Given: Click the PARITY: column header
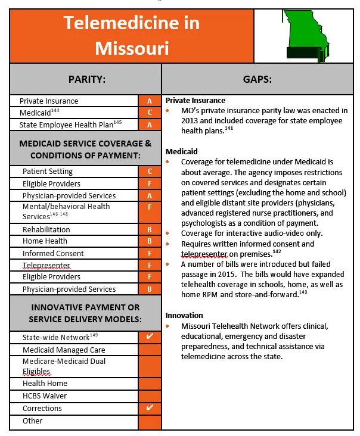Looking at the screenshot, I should click(85, 79).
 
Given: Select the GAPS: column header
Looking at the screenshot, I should click(257, 79).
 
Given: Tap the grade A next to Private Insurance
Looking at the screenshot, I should click(150, 101).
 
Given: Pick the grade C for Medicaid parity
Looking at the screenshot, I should click(150, 113).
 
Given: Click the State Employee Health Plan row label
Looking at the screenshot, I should click(70, 124).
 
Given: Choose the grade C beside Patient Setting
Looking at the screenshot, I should click(150, 172).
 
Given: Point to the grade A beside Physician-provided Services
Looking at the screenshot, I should click(150, 195).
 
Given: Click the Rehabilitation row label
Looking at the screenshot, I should click(46, 229).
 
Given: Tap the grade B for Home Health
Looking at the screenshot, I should click(150, 241).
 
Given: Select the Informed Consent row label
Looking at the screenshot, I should click(53, 253).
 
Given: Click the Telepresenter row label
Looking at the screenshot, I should click(46, 265).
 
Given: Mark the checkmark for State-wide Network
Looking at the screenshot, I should click(150, 337).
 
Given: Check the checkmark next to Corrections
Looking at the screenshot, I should click(150, 408).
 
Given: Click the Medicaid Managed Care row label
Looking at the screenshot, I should click(64, 350).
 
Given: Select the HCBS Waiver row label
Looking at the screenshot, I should click(45, 395).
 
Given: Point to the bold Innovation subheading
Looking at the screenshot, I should click(184, 315).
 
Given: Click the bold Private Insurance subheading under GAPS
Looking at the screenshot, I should click(195, 100).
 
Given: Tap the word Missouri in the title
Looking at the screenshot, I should click(132, 47).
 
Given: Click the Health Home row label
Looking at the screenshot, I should click(45, 384).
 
